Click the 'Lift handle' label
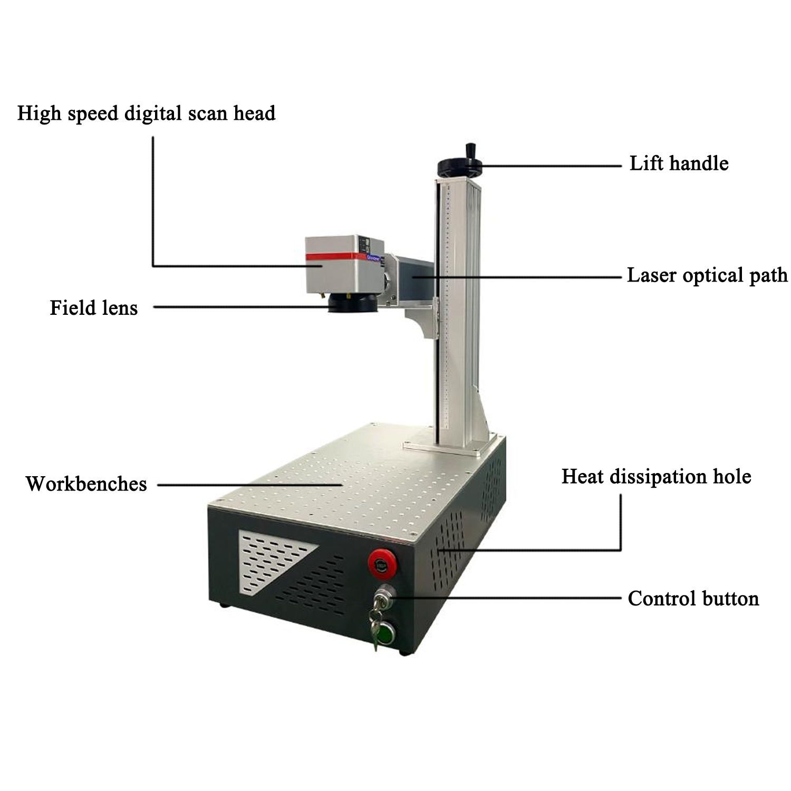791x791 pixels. (679, 163)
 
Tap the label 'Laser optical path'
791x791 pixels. (707, 275)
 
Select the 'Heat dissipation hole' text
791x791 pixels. (656, 476)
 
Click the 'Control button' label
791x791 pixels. (693, 599)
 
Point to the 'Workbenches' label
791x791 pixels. (86, 484)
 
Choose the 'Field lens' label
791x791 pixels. (93, 307)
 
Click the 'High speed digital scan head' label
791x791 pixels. (146, 113)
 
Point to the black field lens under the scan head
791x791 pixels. (352, 304)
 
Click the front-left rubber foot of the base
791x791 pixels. (224, 605)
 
